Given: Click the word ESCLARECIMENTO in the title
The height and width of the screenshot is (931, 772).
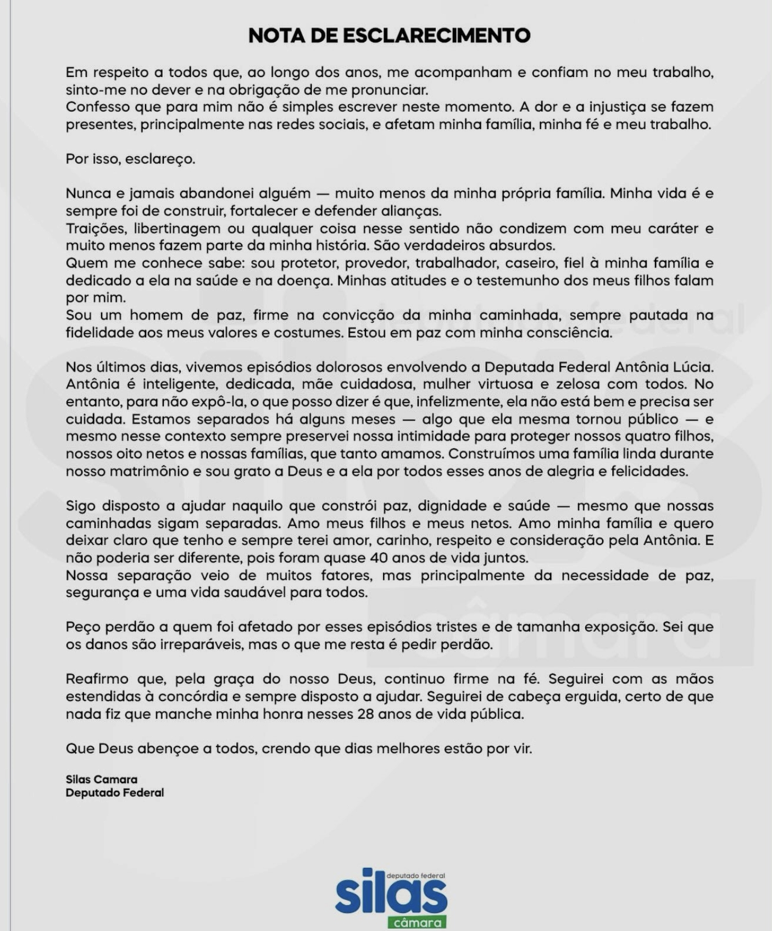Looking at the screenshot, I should [x=437, y=36].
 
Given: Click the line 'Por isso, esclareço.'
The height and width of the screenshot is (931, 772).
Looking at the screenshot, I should [x=130, y=159].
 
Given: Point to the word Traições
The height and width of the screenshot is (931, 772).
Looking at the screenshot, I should [x=96, y=228].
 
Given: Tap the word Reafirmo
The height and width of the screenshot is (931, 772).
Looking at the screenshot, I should [x=97, y=679].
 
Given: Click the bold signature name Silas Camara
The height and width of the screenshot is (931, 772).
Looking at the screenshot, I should [x=102, y=779].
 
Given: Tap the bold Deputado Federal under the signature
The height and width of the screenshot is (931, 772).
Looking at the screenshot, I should [x=115, y=792].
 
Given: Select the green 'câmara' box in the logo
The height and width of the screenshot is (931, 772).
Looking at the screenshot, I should [x=417, y=923].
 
